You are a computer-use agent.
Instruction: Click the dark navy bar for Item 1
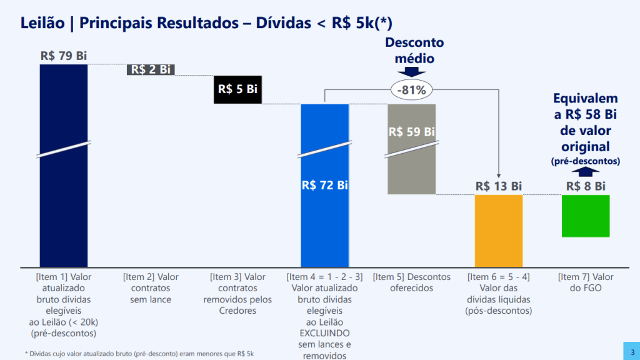point(64,187)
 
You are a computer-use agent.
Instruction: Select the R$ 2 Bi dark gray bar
point(151,69)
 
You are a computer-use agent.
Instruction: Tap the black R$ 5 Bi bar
point(237,89)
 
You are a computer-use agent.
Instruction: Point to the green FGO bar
point(586,216)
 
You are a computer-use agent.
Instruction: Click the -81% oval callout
point(411,90)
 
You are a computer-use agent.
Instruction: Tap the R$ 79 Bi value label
point(64,56)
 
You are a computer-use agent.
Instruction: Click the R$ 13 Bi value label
point(498,186)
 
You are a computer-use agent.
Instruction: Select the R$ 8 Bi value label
point(586,186)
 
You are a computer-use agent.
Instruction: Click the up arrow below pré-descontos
point(586,173)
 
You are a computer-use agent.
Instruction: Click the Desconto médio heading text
point(414,51)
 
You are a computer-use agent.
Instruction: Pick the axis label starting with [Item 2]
point(151,288)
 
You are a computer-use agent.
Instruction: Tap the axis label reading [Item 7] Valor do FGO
point(586,282)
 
